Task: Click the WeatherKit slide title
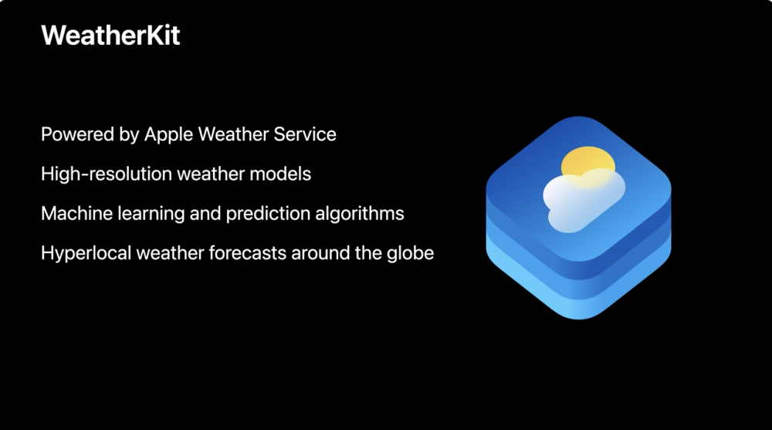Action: [x=110, y=36]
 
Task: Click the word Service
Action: [x=305, y=134]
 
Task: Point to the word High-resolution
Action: [x=107, y=174]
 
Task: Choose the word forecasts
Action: [x=248, y=253]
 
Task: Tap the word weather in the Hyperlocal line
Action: [x=171, y=253]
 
